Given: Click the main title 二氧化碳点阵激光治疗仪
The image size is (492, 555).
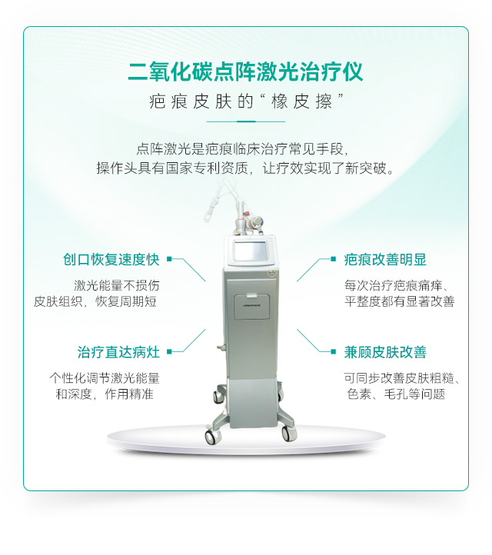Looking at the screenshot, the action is tap(245, 71).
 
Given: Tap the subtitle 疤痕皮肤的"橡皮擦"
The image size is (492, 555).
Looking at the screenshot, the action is tap(246, 101).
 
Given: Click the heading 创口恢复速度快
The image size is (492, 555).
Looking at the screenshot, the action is tap(111, 260).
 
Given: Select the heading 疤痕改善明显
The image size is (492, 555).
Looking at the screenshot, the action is tap(385, 260).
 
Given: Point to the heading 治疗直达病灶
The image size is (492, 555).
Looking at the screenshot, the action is tap(118, 352).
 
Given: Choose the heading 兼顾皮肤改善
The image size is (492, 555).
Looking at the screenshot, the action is tap(385, 352).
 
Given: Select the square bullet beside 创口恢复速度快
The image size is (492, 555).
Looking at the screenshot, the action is tap(169, 259).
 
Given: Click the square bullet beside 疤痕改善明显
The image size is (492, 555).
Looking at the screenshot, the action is tap(333, 259).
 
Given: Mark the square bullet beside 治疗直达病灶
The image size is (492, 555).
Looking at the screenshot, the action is tap(169, 351).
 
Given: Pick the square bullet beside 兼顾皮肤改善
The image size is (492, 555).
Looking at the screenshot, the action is tap(333, 351).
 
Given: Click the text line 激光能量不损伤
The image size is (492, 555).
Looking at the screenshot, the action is tap(116, 285).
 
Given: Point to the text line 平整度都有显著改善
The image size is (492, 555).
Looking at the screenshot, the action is tap(399, 301).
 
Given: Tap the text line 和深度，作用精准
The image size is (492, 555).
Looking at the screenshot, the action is tap(105, 394).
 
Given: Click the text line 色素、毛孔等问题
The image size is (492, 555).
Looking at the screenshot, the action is tap(396, 394).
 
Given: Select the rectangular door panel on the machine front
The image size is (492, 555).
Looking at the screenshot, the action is tap(251, 307).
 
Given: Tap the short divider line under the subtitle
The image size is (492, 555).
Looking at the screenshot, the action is tap(246, 121).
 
